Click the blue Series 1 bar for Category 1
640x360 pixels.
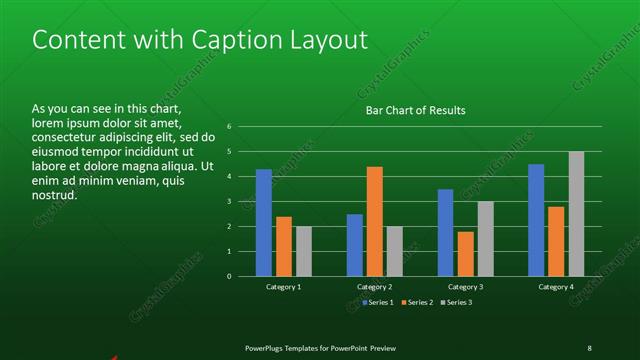point(264,222)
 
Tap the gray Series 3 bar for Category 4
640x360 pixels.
point(576,214)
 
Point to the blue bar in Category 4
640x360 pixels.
point(536,220)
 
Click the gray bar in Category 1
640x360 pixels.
point(304,251)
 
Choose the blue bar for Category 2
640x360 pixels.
point(355,245)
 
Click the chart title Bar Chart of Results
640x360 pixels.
point(415,110)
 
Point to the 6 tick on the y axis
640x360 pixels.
point(229,127)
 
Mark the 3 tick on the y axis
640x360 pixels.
point(229,202)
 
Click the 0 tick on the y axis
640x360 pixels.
point(229,276)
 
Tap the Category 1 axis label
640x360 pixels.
point(284,287)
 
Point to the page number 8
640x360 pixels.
point(589,347)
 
